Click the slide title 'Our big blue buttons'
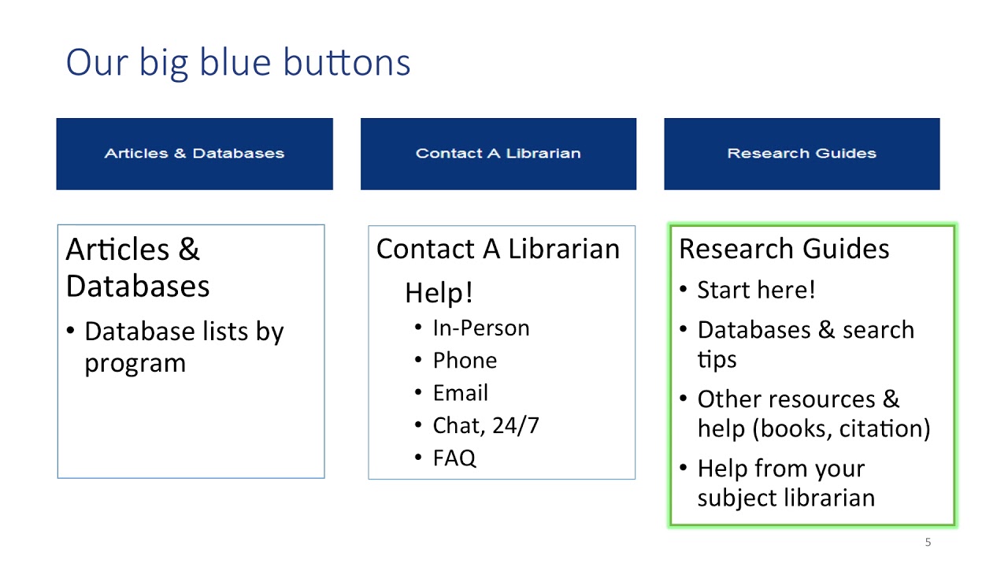point(238,62)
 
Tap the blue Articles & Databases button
point(195,154)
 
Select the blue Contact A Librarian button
point(498,154)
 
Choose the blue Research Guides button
point(802,154)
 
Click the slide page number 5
point(928,542)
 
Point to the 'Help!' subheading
point(439,292)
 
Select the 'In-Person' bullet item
point(481,328)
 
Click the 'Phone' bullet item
point(465,361)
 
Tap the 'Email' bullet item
point(461,393)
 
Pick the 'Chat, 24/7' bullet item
point(486,426)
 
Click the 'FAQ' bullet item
point(454,458)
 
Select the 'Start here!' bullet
point(756,290)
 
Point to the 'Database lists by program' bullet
point(183,347)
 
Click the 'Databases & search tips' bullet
point(805,344)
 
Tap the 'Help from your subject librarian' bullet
point(784,483)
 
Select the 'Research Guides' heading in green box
point(784,249)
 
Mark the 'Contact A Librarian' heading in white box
point(498,249)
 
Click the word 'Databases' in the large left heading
point(138,286)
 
